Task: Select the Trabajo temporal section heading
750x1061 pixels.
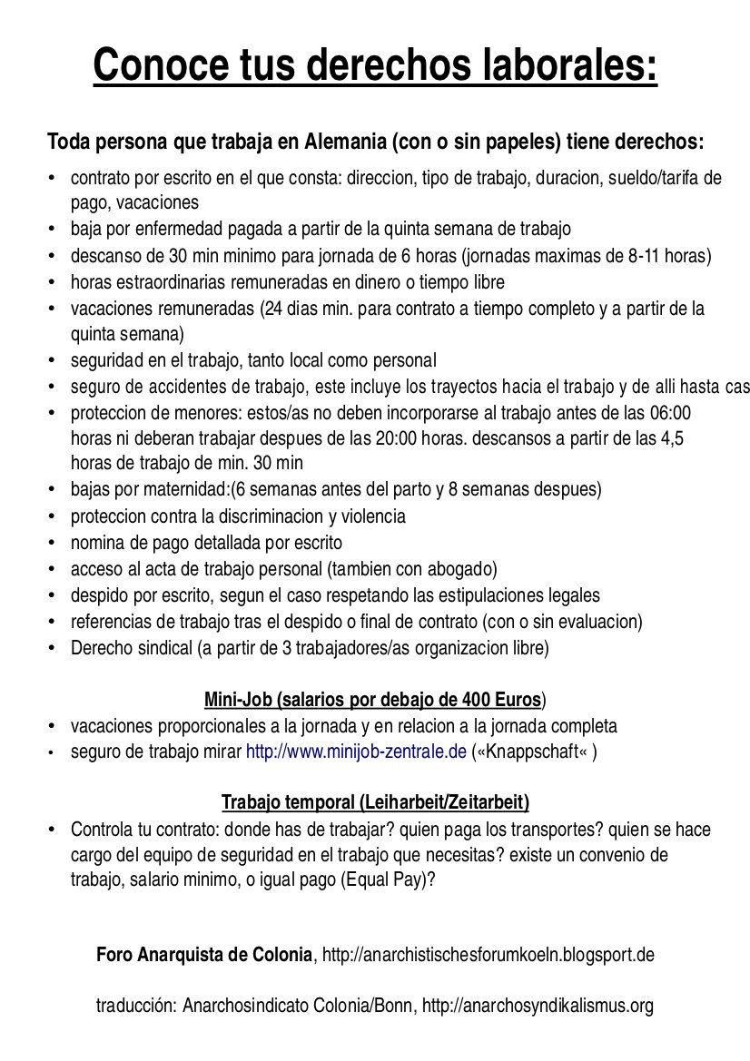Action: click(375, 802)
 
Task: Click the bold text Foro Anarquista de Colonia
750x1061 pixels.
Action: click(204, 955)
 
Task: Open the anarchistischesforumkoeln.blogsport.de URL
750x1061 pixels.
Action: click(488, 955)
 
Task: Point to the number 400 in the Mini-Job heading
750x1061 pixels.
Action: click(469, 700)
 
